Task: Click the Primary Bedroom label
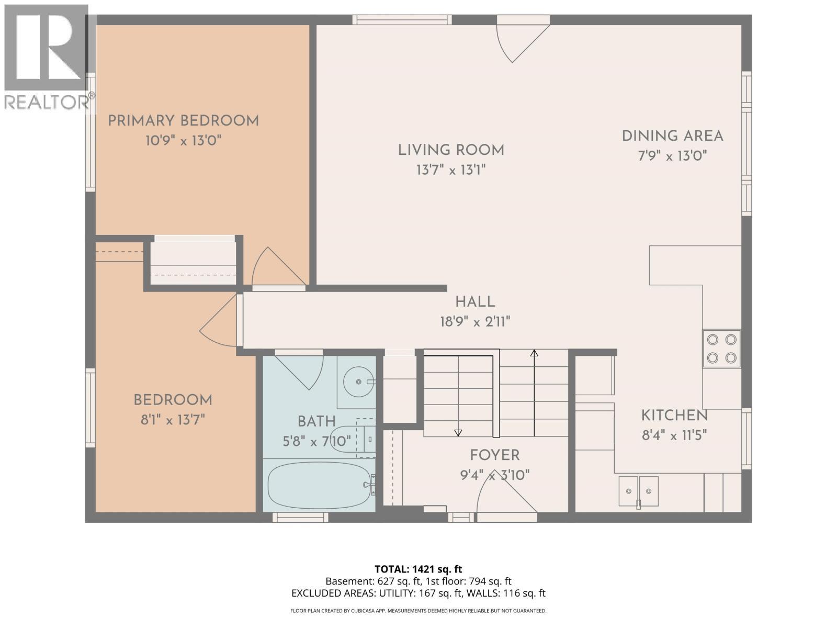[x=183, y=121]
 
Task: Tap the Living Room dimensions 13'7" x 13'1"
[x=451, y=170]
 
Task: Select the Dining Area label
[x=672, y=136]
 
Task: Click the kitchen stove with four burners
[x=721, y=349]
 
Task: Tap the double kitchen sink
[x=638, y=491]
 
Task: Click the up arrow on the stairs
[x=534, y=354]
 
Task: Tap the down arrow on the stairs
[x=458, y=432]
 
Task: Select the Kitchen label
[x=674, y=416]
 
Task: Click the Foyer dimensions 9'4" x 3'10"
[x=494, y=475]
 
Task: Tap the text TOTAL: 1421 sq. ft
[x=418, y=569]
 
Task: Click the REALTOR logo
[x=47, y=58]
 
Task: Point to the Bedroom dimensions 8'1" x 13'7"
[x=173, y=420]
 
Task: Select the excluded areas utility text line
[x=418, y=593]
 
